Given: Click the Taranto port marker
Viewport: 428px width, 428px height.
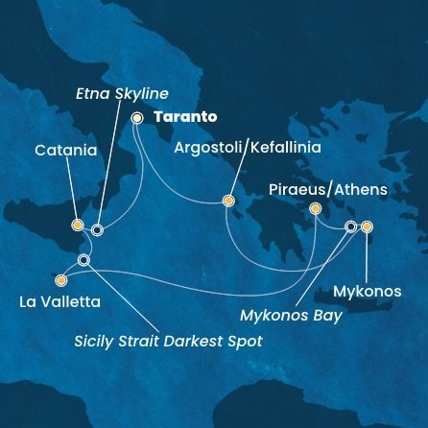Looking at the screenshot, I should pyautogui.click(x=136, y=118).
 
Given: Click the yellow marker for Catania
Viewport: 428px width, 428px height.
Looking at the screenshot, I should pyautogui.click(x=78, y=226).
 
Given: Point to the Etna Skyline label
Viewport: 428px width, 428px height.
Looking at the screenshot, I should pyautogui.click(x=124, y=93).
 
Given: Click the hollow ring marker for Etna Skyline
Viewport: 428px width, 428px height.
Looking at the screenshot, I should pyautogui.click(x=97, y=229).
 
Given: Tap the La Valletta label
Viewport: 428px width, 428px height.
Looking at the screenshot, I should pyautogui.click(x=59, y=302).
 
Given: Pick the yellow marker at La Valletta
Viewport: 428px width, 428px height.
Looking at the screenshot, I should pyautogui.click(x=61, y=281).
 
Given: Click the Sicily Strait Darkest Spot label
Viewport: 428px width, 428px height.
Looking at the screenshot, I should pyautogui.click(x=168, y=342).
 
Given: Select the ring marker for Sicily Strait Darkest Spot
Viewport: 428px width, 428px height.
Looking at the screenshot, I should pyautogui.click(x=84, y=260).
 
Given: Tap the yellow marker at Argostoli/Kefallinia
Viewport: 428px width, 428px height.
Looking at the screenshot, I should pyautogui.click(x=227, y=201).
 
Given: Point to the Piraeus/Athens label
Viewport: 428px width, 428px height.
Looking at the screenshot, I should pyautogui.click(x=328, y=189).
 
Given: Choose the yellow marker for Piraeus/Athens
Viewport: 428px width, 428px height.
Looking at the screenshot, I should pyautogui.click(x=315, y=208).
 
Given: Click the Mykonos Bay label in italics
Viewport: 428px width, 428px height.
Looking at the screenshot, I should pyautogui.click(x=291, y=315).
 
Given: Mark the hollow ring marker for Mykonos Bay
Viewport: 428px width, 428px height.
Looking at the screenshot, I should pyautogui.click(x=350, y=226).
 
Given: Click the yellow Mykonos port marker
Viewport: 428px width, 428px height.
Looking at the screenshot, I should pyautogui.click(x=367, y=226).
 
